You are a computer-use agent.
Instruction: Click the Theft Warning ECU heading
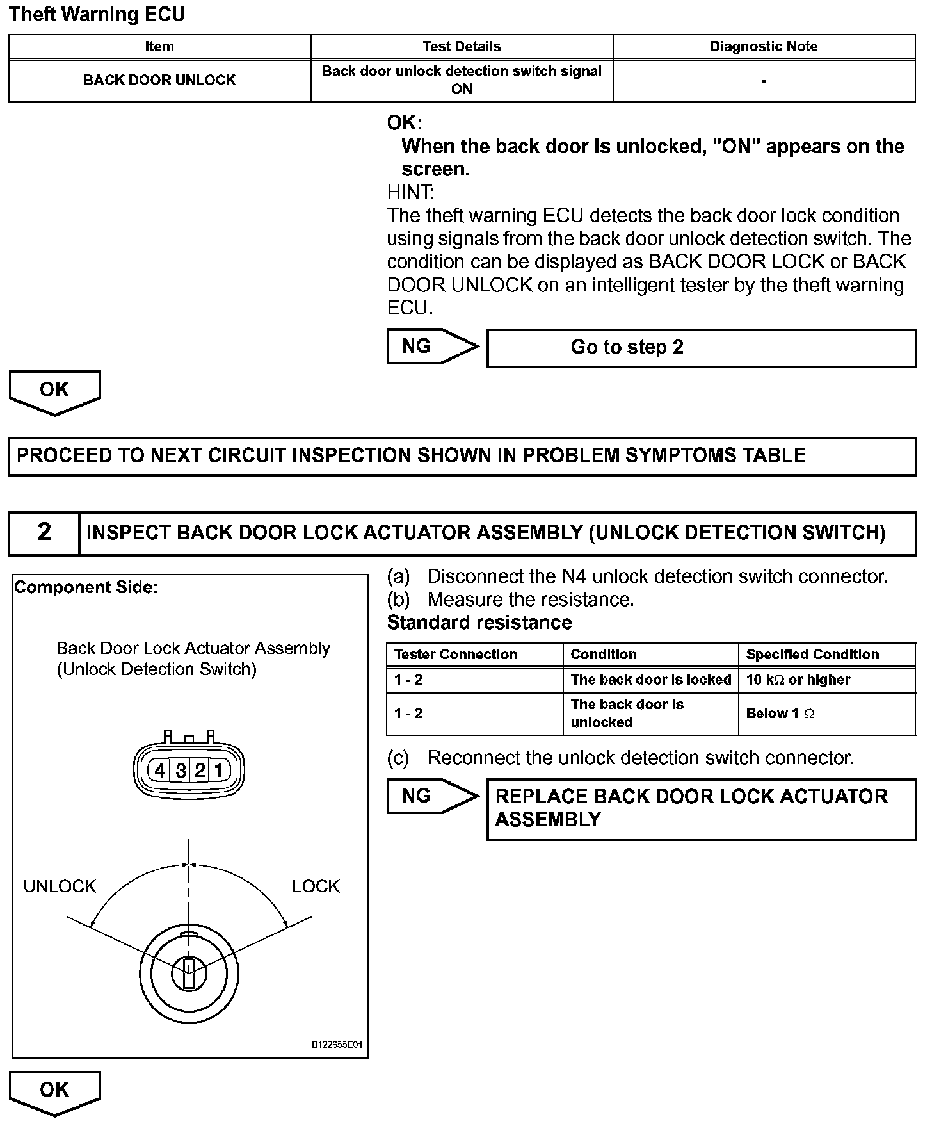coord(97,15)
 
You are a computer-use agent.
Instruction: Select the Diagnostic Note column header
coord(764,46)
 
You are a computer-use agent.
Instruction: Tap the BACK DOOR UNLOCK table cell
coord(159,80)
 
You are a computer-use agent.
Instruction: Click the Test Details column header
coord(462,46)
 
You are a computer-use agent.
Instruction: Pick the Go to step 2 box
coord(701,348)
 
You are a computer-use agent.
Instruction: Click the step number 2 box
coord(44,532)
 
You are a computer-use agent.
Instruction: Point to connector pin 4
coord(160,770)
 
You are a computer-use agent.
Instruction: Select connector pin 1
coord(218,770)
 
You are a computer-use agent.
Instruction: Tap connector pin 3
coord(181,770)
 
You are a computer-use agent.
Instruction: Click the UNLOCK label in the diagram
coord(60,886)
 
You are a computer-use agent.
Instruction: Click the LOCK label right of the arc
coord(316,886)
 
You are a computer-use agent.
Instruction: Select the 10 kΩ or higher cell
coord(798,680)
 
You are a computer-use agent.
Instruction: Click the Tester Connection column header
coord(456,654)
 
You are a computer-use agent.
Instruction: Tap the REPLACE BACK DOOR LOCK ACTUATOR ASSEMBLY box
coord(701,808)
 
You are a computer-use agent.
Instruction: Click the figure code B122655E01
coord(337,1045)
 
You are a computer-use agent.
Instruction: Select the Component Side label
coord(86,587)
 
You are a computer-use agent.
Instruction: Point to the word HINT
coord(410,192)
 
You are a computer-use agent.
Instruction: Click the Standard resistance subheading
coord(479,623)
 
